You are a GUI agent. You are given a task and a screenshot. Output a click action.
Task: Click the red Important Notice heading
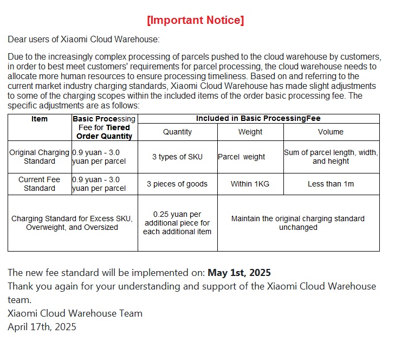(x=196, y=21)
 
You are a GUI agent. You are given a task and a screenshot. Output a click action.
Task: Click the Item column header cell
(x=40, y=119)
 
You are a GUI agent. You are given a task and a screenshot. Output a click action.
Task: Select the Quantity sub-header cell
(x=177, y=132)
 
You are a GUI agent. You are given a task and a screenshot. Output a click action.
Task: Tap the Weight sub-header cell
(x=250, y=132)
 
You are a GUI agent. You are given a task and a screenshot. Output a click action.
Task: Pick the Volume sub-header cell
(x=331, y=132)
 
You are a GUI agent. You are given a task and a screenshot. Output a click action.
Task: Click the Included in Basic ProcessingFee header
(x=258, y=118)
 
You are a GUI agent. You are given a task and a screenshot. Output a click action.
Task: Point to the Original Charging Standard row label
(x=40, y=157)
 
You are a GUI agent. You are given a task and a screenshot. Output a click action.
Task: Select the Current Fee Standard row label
(x=40, y=184)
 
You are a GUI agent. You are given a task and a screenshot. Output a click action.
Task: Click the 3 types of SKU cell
(x=177, y=157)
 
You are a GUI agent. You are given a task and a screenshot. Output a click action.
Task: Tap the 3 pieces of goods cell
(x=177, y=184)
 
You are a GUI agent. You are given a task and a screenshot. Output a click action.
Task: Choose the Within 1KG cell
(x=250, y=184)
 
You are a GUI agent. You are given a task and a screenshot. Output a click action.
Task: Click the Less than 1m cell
(x=331, y=184)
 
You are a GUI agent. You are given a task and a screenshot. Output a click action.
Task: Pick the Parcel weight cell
(x=242, y=157)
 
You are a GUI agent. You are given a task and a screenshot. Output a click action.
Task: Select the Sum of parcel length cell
(x=331, y=157)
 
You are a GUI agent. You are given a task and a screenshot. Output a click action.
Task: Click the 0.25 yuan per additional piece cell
(x=177, y=223)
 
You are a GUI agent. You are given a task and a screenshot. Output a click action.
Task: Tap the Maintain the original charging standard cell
(x=298, y=223)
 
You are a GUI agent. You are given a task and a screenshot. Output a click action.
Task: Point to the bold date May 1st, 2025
(x=239, y=273)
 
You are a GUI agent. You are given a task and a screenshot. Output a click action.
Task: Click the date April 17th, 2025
(x=42, y=326)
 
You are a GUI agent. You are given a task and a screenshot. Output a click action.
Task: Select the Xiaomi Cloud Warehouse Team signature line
(x=75, y=313)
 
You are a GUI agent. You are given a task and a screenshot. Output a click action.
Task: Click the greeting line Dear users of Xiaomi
(x=83, y=40)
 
